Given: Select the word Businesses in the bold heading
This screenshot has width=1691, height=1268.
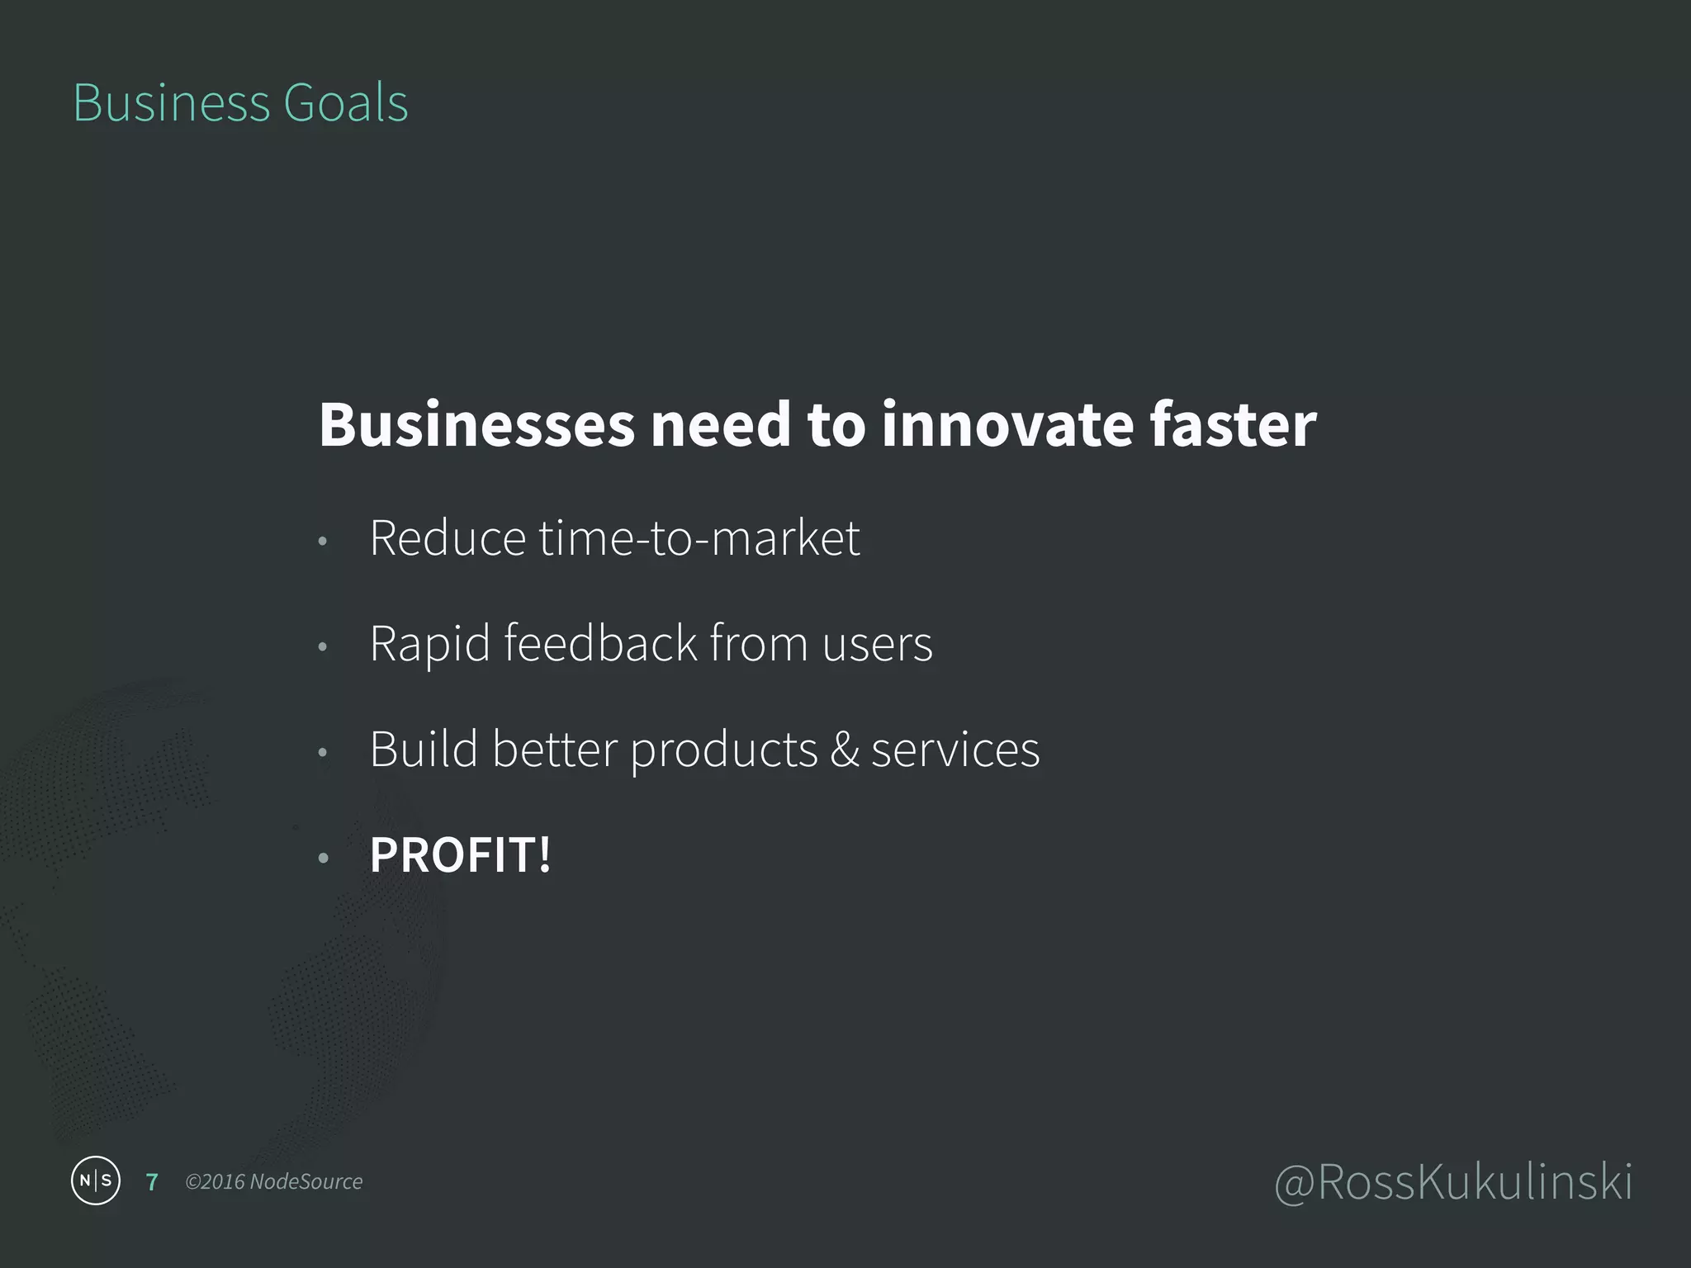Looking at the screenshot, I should click(476, 425).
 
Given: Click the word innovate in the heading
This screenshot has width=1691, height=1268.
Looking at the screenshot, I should click(1006, 425).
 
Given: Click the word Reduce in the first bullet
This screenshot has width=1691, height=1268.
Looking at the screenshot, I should click(447, 538).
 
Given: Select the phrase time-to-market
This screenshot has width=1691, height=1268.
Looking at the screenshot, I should click(699, 538).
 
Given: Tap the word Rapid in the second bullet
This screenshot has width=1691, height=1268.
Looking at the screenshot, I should click(429, 644).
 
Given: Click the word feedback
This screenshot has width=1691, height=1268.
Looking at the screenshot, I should click(600, 644).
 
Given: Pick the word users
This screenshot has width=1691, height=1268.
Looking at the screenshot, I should click(877, 644).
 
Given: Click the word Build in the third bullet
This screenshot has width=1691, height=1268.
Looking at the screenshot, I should click(424, 750).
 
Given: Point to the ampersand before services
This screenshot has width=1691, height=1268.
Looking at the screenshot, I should click(844, 750).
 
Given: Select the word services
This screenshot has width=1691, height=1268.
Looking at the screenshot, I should click(955, 750).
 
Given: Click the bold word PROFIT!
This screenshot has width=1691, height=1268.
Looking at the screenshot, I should click(460, 855).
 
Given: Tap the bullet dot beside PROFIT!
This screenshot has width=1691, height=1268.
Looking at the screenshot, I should click(323, 859).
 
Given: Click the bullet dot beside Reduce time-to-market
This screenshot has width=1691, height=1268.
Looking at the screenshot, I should click(323, 542).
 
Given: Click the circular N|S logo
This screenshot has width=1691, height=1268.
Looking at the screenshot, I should click(96, 1180).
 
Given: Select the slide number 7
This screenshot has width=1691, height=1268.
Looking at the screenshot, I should click(152, 1182).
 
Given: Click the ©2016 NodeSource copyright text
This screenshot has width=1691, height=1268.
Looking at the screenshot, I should click(273, 1182).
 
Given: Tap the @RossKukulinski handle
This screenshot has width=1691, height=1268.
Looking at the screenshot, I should click(1453, 1182).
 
